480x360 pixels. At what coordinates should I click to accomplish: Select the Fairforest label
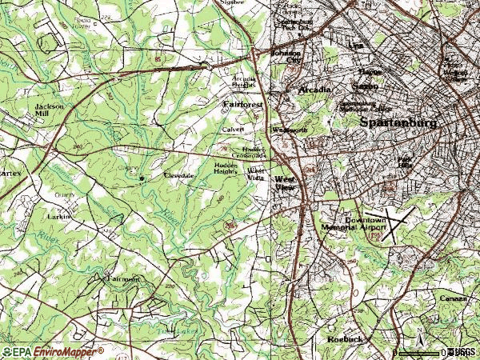pos(242,104)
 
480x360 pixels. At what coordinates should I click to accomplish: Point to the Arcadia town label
pos(314,90)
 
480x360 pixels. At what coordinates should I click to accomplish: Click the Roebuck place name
pos(346,339)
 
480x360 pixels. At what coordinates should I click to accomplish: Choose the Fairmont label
pos(122,279)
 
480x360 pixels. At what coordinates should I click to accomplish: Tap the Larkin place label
pos(60,216)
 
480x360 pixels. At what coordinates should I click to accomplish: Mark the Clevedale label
pos(179,174)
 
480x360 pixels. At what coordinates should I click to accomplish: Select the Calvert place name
pos(233,129)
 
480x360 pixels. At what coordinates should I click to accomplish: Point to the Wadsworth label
pos(290,129)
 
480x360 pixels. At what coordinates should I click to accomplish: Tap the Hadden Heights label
pos(227,168)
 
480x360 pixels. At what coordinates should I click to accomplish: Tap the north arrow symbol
pos(418,332)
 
